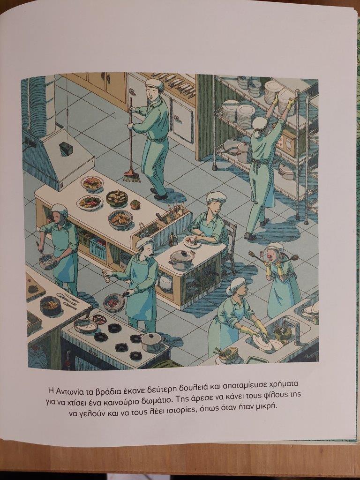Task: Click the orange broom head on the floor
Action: [x=132, y=176]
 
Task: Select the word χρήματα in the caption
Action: [x=284, y=384]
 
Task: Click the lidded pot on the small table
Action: [x=182, y=259]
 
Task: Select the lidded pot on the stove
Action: [x=152, y=341]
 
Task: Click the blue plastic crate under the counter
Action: [x=97, y=248]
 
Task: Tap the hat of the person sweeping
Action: [x=155, y=84]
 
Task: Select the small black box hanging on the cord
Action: [x=66, y=149]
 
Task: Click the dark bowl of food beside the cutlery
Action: [x=50, y=306]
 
